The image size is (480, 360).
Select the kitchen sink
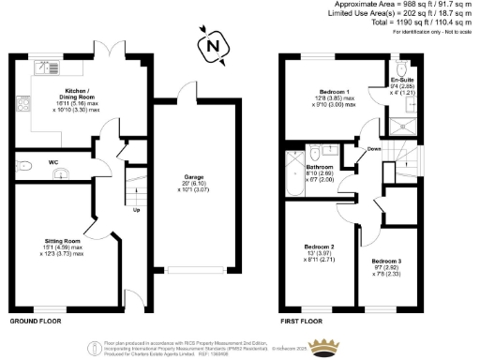[x=44, y=67]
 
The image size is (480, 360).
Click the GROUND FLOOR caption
[x=37, y=321]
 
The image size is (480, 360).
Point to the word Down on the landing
[x=374, y=149]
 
